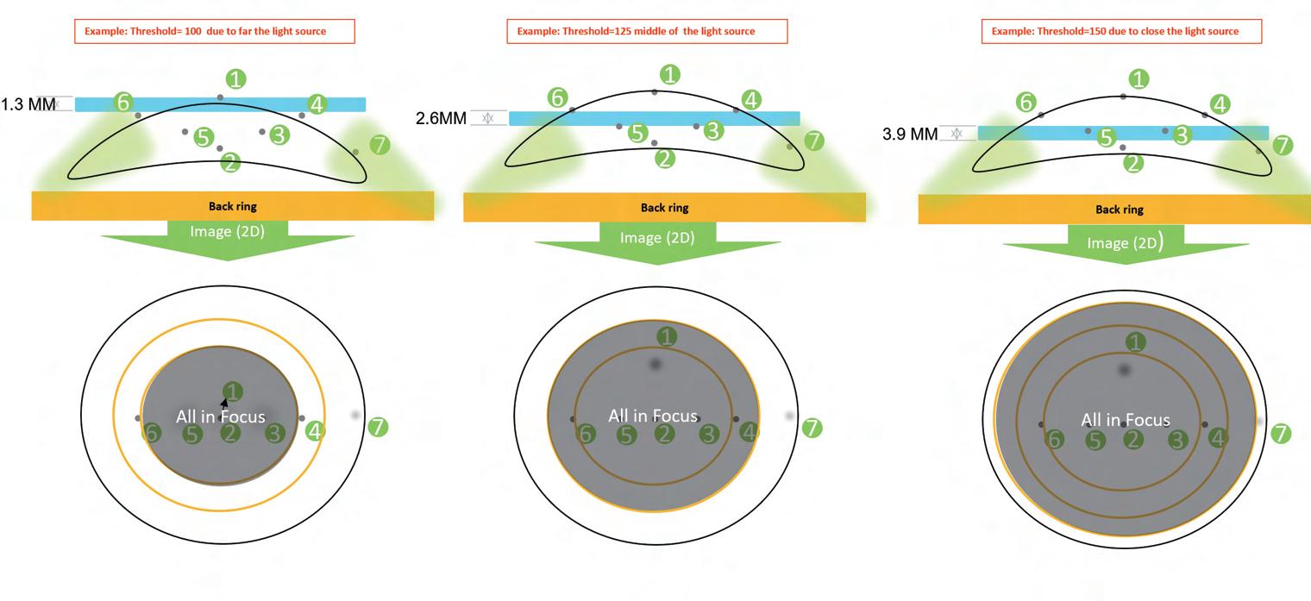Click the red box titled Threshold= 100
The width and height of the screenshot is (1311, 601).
point(214,32)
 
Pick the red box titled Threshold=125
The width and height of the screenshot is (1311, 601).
point(646,32)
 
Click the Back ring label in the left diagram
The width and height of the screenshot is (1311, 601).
point(233,206)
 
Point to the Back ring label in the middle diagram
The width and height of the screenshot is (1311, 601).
point(664,207)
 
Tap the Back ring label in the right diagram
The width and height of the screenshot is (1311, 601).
point(1119,209)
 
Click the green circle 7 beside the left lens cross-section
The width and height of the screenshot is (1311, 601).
point(379,145)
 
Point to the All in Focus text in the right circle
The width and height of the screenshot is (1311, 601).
point(1126,420)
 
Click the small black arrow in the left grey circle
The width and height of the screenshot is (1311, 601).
point(224,402)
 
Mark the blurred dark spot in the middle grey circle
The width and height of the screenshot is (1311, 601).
point(655,365)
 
